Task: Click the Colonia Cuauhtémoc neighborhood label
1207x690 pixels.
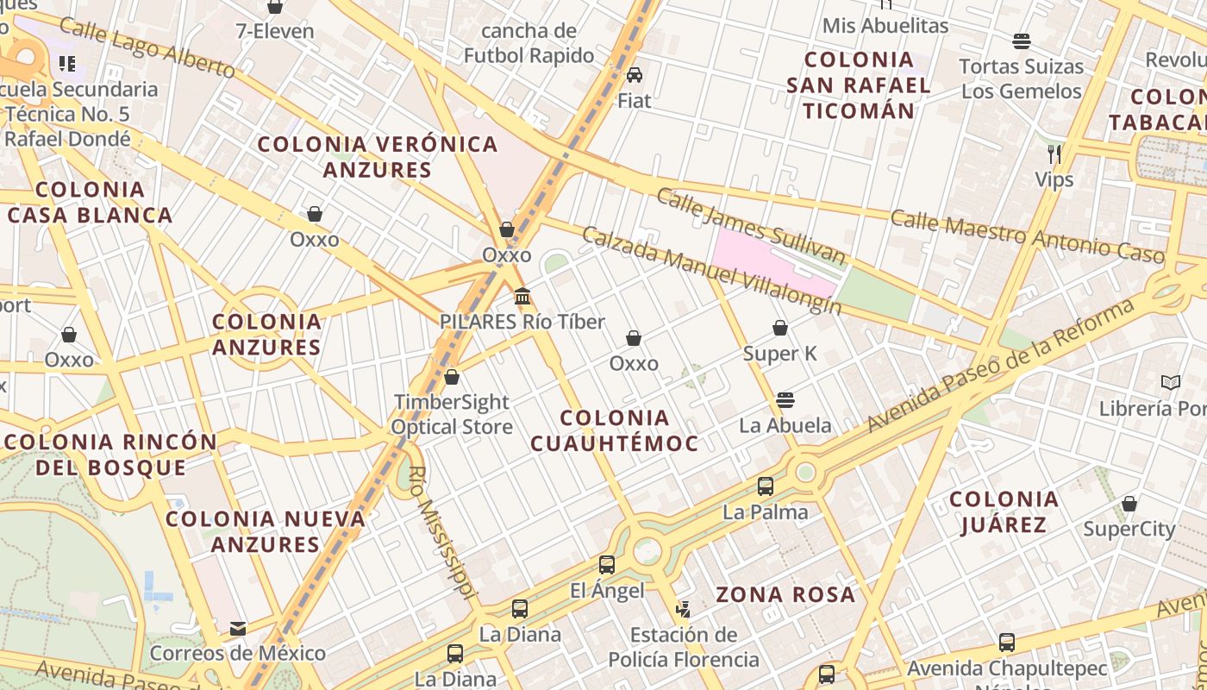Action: point(613,430)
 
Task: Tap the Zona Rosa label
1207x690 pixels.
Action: point(785,594)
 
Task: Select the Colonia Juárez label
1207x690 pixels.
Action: point(1004,511)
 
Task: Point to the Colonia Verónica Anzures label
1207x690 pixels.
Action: point(378,156)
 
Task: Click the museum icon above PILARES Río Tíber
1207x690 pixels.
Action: point(522,297)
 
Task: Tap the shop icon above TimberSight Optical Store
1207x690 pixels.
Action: point(452,377)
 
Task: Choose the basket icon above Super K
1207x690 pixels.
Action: point(779,328)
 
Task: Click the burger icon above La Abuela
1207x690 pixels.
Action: point(785,399)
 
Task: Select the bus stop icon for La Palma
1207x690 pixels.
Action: point(765,486)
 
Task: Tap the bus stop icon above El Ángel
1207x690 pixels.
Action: point(607,565)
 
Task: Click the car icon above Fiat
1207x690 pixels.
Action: point(635,75)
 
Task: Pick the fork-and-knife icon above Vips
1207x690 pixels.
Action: point(1054,154)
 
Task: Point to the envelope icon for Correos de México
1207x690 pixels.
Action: point(238,628)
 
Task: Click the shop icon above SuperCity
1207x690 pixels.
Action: point(1129,504)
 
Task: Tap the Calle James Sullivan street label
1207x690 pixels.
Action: point(750,224)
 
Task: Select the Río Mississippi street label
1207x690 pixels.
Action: point(443,533)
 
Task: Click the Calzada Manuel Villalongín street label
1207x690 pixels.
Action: point(711,270)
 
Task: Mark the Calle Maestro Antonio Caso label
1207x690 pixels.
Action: point(1027,235)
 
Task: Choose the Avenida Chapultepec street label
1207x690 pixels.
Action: point(1007,668)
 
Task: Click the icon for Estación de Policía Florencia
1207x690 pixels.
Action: point(684,610)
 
